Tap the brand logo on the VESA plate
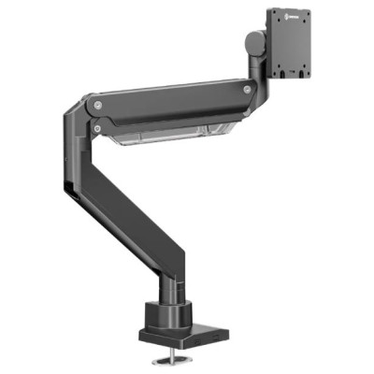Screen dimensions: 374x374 [297, 16]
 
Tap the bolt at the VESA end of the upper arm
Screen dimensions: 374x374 [246, 90]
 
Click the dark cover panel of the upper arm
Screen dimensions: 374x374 [168, 103]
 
